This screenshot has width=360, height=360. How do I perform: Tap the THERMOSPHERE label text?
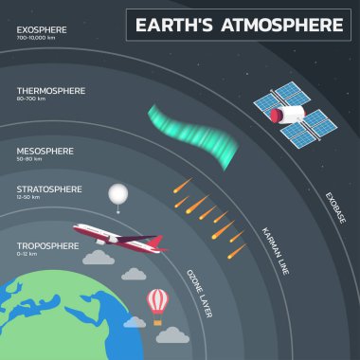pyautogui.click(x=51, y=91)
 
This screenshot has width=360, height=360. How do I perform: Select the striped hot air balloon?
pyautogui.click(x=157, y=302)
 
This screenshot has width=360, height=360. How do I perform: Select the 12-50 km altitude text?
pyautogui.click(x=28, y=199)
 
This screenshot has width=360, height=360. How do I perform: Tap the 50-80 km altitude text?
pyautogui.click(x=29, y=159)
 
